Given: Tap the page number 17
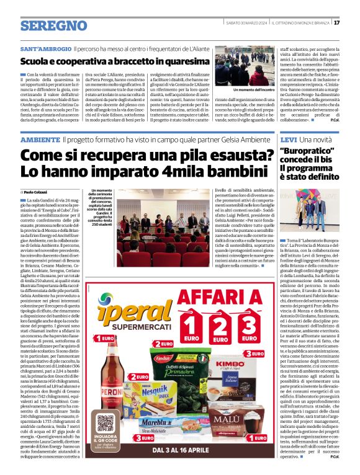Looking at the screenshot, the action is click(x=353, y=24).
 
